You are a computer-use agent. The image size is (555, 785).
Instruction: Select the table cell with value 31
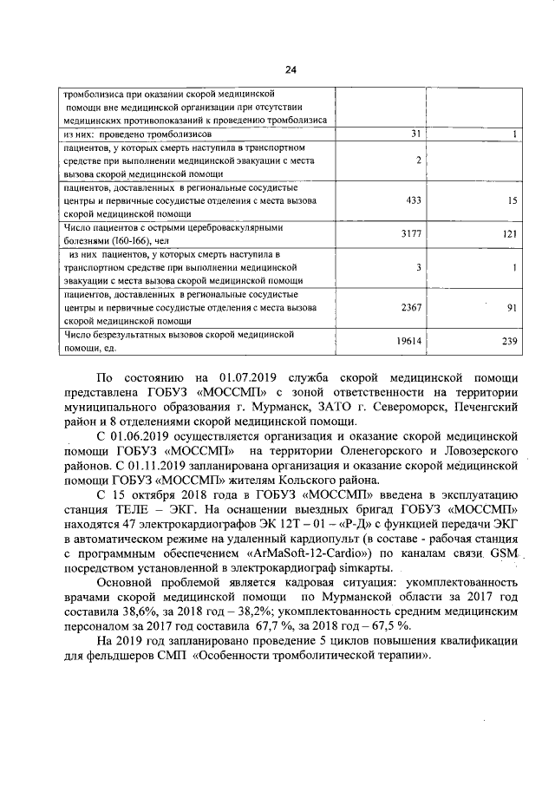click(x=415, y=134)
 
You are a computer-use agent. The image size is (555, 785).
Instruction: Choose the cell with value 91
click(x=513, y=307)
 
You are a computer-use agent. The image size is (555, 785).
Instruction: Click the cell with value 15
click(x=513, y=200)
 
